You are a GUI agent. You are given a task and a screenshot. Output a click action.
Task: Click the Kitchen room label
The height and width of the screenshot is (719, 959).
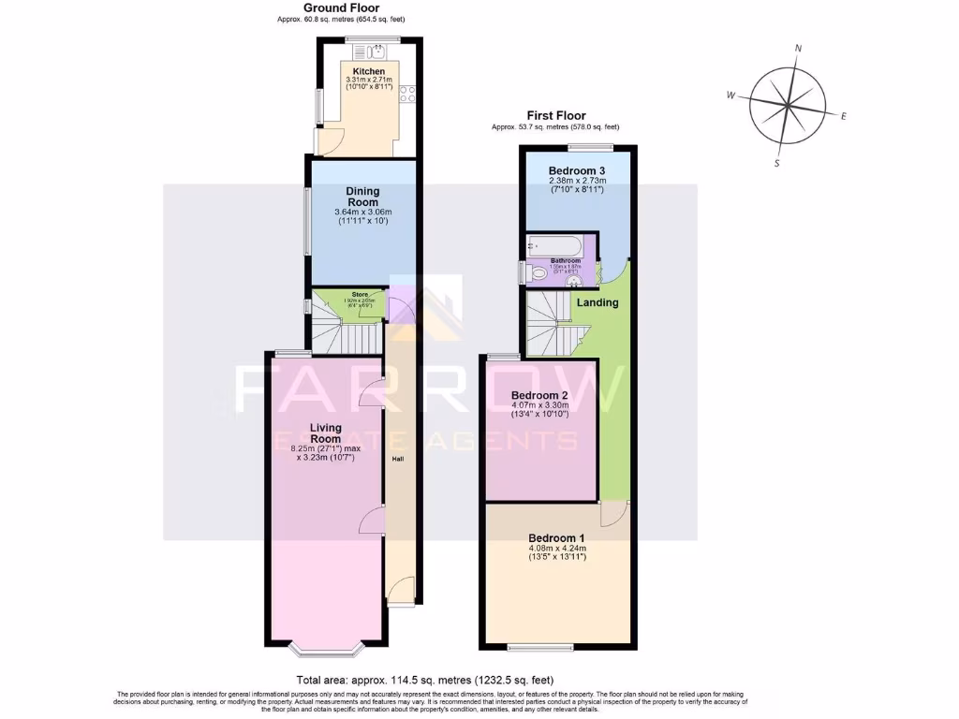[x=368, y=71]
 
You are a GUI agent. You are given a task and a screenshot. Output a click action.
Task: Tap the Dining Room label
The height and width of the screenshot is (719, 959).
[x=362, y=197]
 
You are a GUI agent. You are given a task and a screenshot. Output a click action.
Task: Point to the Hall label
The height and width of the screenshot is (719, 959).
[x=397, y=459]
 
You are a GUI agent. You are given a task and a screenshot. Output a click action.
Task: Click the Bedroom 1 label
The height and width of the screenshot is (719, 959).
[x=556, y=537]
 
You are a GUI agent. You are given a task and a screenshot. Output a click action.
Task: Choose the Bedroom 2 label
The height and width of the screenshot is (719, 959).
[x=539, y=396]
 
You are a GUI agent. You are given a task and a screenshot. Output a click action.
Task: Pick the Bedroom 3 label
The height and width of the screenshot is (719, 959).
[x=576, y=169]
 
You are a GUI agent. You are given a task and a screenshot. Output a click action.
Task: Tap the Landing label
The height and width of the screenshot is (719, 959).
[x=598, y=302]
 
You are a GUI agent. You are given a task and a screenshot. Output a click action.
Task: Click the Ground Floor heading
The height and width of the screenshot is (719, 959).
[x=341, y=7]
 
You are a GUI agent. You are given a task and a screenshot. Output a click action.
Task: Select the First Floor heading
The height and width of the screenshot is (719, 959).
[x=555, y=115]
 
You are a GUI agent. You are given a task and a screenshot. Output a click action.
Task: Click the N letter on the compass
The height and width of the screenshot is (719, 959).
[x=798, y=48]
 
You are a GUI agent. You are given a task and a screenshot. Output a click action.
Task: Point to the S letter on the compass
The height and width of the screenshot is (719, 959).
[x=776, y=163]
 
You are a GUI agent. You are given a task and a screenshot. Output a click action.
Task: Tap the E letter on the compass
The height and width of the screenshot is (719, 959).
[x=844, y=116]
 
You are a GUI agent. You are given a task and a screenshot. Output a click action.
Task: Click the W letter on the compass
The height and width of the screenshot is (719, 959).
[x=730, y=95]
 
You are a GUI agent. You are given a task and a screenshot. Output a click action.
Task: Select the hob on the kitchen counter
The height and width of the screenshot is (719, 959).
[x=408, y=93]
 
